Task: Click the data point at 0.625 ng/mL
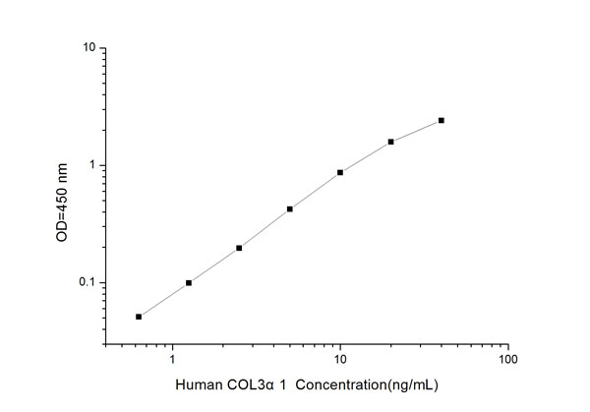coord(139,317)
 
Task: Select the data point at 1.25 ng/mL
coord(189,283)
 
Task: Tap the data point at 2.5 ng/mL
coord(239,248)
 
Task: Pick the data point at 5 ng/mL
coord(290,208)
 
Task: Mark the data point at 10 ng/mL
coord(340,172)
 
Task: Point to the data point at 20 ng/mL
coord(390,142)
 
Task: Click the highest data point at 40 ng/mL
coord(442,120)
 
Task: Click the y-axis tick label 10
coord(88,48)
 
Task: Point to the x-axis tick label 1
coord(173,359)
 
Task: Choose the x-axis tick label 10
coord(340,359)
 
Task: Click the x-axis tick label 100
coord(507,359)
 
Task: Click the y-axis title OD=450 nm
coord(61,197)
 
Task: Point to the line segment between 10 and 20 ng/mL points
coord(366,156)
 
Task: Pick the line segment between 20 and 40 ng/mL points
coord(416,131)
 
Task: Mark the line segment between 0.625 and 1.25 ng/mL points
coord(163,300)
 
